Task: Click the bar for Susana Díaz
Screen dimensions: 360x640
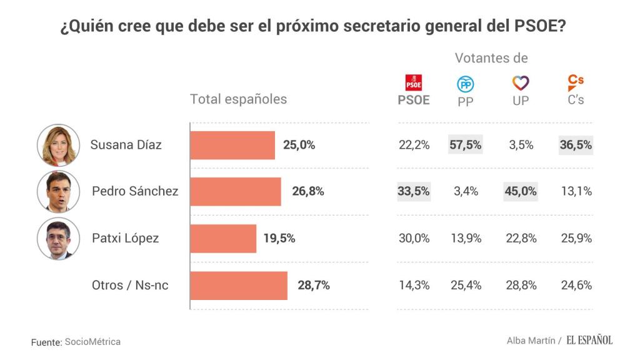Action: point(232,145)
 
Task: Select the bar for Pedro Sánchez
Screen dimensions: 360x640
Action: point(236,191)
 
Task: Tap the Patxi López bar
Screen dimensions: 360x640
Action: point(223,238)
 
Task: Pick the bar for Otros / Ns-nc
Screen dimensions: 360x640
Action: point(239,286)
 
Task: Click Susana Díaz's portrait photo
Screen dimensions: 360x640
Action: point(58,145)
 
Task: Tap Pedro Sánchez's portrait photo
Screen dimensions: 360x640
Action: point(58,191)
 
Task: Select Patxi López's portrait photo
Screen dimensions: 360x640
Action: point(58,239)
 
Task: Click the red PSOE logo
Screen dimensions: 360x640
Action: point(414,82)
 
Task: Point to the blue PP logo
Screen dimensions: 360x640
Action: point(466,84)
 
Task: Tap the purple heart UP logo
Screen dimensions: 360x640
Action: point(521,82)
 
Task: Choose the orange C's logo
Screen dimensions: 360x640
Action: point(576,82)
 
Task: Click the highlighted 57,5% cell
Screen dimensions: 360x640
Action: point(466,145)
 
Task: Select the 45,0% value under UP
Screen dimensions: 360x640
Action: point(521,191)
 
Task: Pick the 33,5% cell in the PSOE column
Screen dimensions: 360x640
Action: point(414,191)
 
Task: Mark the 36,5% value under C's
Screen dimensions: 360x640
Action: point(576,145)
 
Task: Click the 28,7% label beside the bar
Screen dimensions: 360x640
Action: point(314,286)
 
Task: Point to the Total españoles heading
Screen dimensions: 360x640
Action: point(238,99)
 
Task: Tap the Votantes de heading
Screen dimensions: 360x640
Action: point(491,58)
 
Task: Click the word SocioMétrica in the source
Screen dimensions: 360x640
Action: point(92,342)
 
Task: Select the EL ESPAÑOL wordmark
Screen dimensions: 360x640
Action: point(589,340)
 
